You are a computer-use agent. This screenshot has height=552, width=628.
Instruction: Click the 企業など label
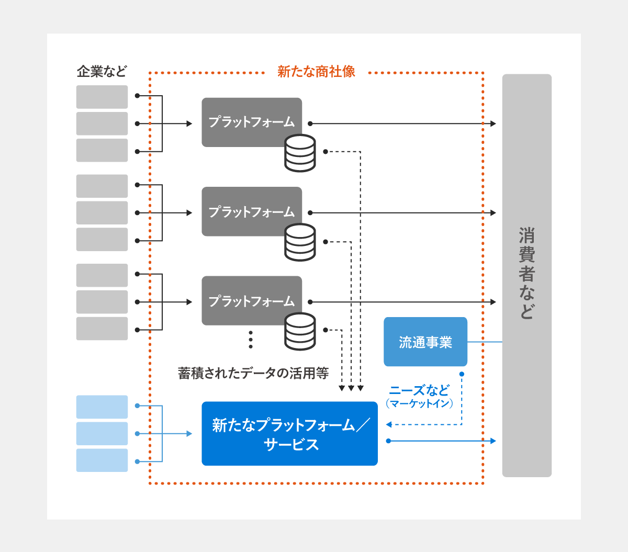pyautogui.click(x=102, y=72)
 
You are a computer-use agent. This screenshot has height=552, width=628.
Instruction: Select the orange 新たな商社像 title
pyautogui.click(x=316, y=72)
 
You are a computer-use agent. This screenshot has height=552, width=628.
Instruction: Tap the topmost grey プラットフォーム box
pyautogui.click(x=252, y=121)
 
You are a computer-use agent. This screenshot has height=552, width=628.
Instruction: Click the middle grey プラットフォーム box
pyautogui.click(x=252, y=211)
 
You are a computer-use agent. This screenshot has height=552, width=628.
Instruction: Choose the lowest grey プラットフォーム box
pyautogui.click(x=252, y=301)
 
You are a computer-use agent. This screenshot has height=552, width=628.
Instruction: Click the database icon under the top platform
pyautogui.click(x=300, y=153)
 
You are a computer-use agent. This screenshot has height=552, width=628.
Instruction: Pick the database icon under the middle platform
pyautogui.click(x=300, y=242)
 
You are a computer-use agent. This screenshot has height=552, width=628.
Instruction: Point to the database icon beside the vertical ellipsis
pyautogui.click(x=300, y=331)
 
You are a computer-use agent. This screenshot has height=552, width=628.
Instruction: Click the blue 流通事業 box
pyautogui.click(x=425, y=342)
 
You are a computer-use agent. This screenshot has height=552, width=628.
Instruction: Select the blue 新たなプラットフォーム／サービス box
pyautogui.click(x=289, y=434)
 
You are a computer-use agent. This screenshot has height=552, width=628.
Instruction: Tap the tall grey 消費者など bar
pyautogui.click(x=526, y=275)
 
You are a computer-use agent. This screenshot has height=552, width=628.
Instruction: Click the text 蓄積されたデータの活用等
pyautogui.click(x=253, y=373)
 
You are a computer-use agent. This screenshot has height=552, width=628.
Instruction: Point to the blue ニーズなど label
pyautogui.click(x=419, y=390)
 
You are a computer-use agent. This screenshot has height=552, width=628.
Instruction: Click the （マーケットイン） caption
pyautogui.click(x=419, y=403)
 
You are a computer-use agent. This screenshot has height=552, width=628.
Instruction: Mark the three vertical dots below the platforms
pyautogui.click(x=251, y=340)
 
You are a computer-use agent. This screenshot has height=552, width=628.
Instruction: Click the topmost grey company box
pyautogui.click(x=102, y=97)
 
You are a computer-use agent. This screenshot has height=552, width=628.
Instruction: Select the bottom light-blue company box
pyautogui.click(x=102, y=460)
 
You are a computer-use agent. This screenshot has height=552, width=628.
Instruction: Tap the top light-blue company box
pyautogui.click(x=102, y=407)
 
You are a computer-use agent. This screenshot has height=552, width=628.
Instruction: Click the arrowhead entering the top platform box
pyautogui.click(x=189, y=124)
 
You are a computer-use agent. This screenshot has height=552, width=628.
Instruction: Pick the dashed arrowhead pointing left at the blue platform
pyautogui.click(x=389, y=425)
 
